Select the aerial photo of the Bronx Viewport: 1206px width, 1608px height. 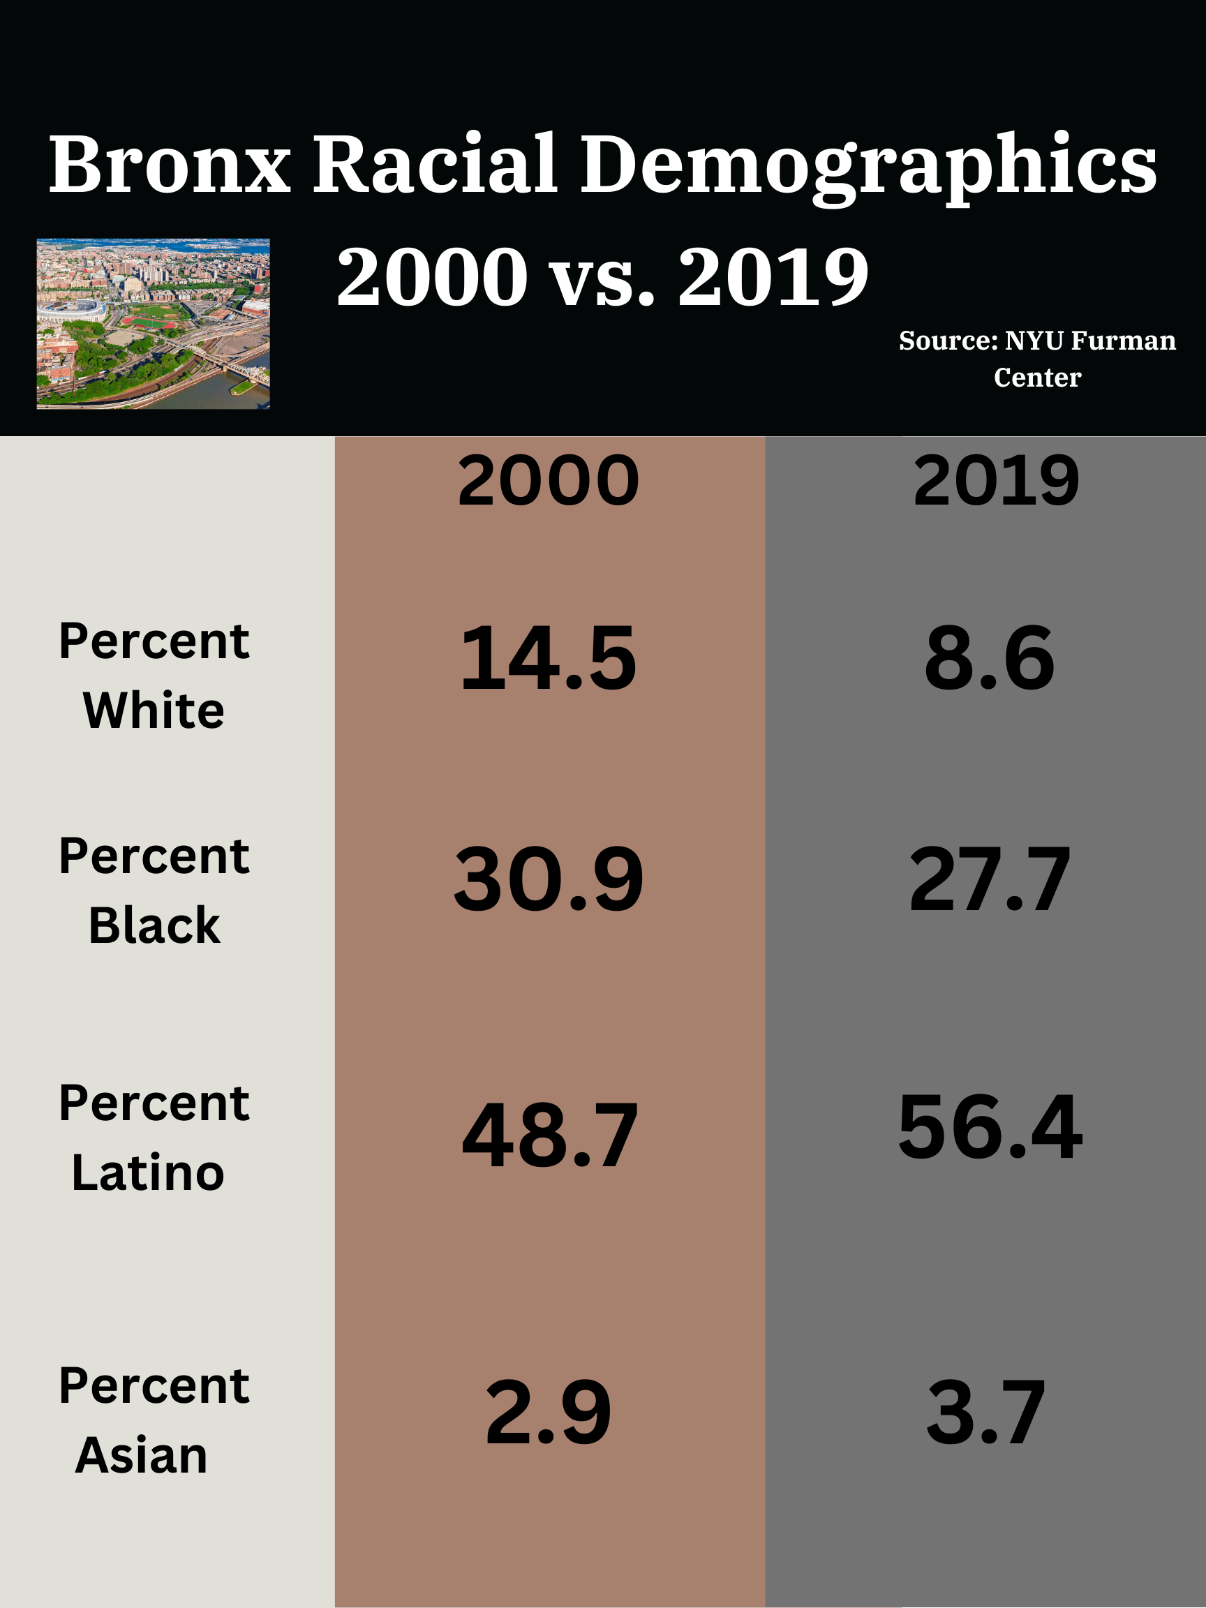coord(154,324)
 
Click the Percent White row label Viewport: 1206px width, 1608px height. coord(154,676)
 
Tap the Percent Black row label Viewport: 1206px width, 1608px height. coord(154,891)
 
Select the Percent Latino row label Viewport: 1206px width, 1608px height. coord(154,1138)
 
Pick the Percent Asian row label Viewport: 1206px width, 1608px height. coord(154,1420)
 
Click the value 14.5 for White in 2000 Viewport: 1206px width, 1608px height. coord(548,660)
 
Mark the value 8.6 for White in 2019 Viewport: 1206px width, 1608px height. coord(989,660)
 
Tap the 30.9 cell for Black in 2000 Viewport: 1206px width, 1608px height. coord(548,880)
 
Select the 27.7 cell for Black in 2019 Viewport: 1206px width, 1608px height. coord(990,880)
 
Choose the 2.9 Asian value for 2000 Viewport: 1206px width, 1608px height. coord(548,1413)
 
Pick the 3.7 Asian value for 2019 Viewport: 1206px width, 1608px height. coord(985,1413)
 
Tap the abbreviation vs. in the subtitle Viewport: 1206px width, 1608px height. coord(602,278)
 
